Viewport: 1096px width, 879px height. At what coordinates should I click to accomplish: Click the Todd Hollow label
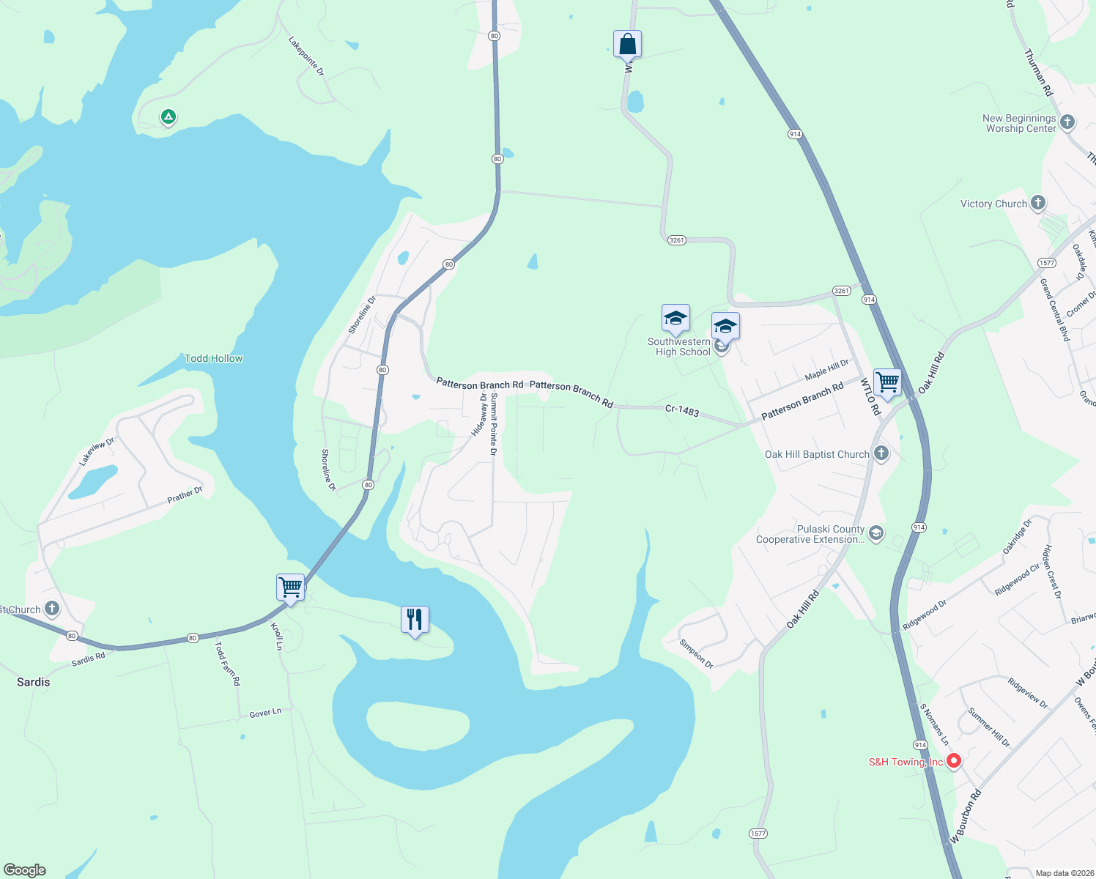pyautogui.click(x=213, y=358)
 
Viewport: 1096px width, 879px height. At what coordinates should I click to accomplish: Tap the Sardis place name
pyautogui.click(x=34, y=682)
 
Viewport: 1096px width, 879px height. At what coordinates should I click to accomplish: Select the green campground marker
pyautogui.click(x=169, y=116)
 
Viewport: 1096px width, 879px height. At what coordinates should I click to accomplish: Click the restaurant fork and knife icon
pyautogui.click(x=415, y=619)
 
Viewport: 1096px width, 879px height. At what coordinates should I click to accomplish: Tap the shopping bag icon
pyautogui.click(x=627, y=44)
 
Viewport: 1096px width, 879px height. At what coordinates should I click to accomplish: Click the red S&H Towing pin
pyautogui.click(x=953, y=761)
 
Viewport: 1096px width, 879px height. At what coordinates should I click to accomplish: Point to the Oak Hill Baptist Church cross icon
pyautogui.click(x=881, y=453)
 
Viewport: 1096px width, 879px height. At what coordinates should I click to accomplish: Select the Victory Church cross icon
pyautogui.click(x=1037, y=203)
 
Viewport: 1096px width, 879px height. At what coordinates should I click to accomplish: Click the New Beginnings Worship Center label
pyautogui.click(x=1019, y=123)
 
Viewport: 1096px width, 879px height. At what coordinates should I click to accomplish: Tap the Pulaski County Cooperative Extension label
pyautogui.click(x=810, y=534)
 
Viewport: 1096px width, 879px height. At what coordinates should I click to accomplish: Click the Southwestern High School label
pyautogui.click(x=679, y=346)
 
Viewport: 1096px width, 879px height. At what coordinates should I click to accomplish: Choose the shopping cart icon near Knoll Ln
pyautogui.click(x=290, y=587)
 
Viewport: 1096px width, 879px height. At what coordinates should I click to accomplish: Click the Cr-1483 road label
pyautogui.click(x=682, y=410)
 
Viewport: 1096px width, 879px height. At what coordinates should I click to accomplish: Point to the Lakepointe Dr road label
pyautogui.click(x=306, y=56)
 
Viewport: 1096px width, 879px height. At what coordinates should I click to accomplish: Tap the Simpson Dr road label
pyautogui.click(x=696, y=653)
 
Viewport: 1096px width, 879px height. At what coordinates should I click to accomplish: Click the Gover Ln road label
pyautogui.click(x=265, y=713)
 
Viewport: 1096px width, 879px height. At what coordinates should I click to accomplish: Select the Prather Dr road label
pyautogui.click(x=185, y=495)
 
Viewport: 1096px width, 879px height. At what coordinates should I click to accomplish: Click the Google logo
pyautogui.click(x=25, y=870)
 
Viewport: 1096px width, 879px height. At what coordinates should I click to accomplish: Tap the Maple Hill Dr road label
pyautogui.click(x=826, y=370)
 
